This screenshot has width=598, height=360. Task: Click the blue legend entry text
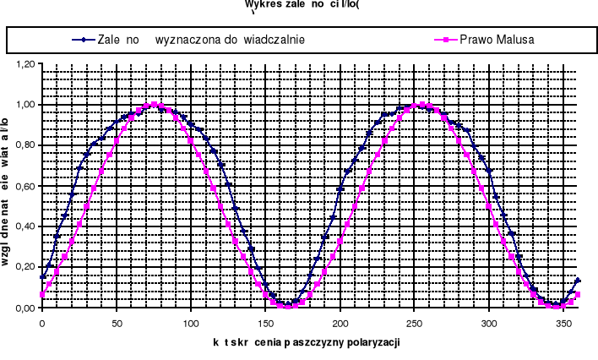tap(201, 39)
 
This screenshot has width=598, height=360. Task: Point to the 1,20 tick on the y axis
tap(24, 64)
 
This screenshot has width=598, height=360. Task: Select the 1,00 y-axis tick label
tap(24, 105)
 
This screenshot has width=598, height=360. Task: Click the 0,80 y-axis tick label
tap(24, 145)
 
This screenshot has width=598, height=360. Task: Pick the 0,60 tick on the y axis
tap(24, 186)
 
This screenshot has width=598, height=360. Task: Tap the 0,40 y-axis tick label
tap(24, 226)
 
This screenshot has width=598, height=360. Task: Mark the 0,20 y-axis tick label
tap(24, 267)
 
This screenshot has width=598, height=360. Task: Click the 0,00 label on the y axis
tap(24, 308)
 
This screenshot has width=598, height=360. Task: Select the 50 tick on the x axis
tap(117, 322)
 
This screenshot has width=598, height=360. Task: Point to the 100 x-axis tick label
tap(191, 322)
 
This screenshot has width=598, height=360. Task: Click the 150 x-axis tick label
tap(265, 322)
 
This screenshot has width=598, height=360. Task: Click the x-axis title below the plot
tap(306, 343)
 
